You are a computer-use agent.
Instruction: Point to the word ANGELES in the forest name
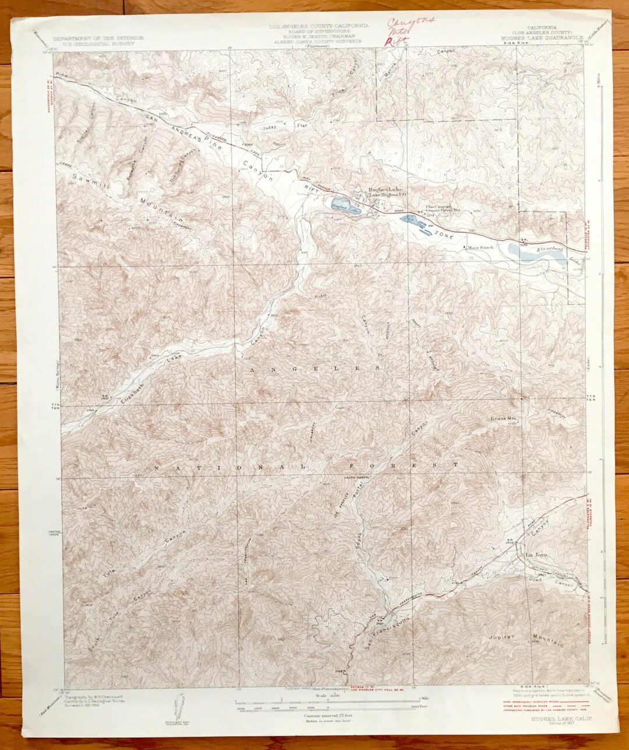(315, 369)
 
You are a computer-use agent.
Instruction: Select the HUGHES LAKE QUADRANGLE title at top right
(537, 37)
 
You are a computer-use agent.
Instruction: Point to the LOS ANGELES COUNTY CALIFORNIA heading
(317, 27)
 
